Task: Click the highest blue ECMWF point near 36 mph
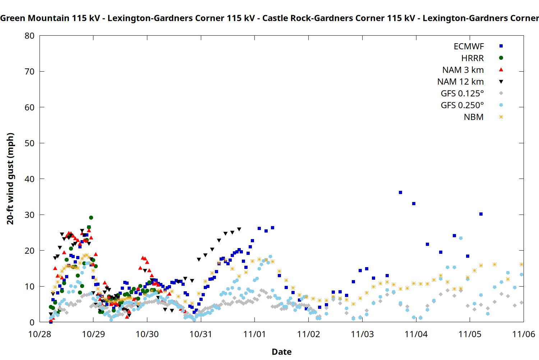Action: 400,193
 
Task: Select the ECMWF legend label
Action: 469,46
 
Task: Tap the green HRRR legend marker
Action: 501,58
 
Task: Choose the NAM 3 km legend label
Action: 463,70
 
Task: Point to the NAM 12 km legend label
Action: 460,82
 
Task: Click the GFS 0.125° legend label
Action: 462,94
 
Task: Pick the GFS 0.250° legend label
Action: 462,105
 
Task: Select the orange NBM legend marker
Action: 501,117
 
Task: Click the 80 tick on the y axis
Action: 29,36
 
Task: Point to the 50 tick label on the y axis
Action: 29,143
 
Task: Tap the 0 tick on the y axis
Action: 32,322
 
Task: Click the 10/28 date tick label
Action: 40,334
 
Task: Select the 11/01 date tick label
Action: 254,334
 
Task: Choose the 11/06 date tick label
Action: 523,334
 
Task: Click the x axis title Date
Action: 281,352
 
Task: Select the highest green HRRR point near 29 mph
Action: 91,218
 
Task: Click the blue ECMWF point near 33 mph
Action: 414,204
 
